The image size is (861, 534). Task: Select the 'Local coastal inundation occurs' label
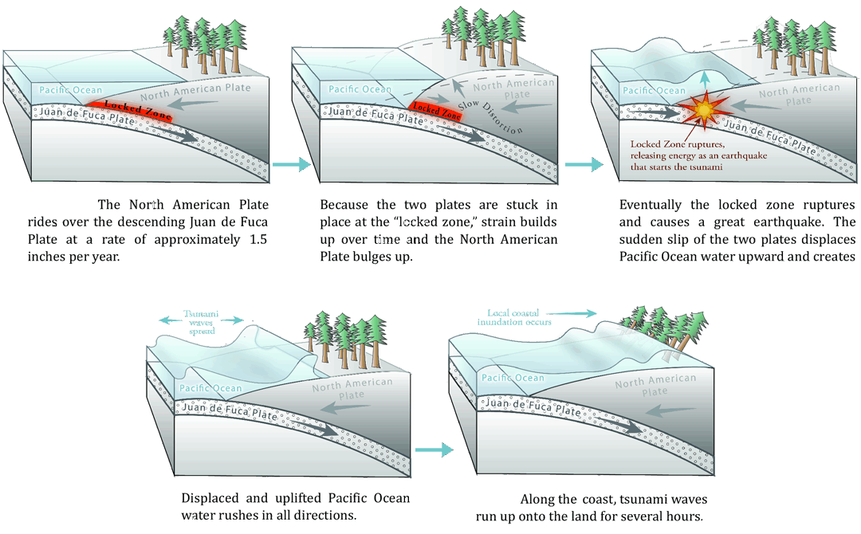tap(519, 317)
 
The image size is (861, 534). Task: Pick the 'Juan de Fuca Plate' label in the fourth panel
tap(230, 411)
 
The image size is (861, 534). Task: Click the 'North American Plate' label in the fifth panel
tap(655, 386)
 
